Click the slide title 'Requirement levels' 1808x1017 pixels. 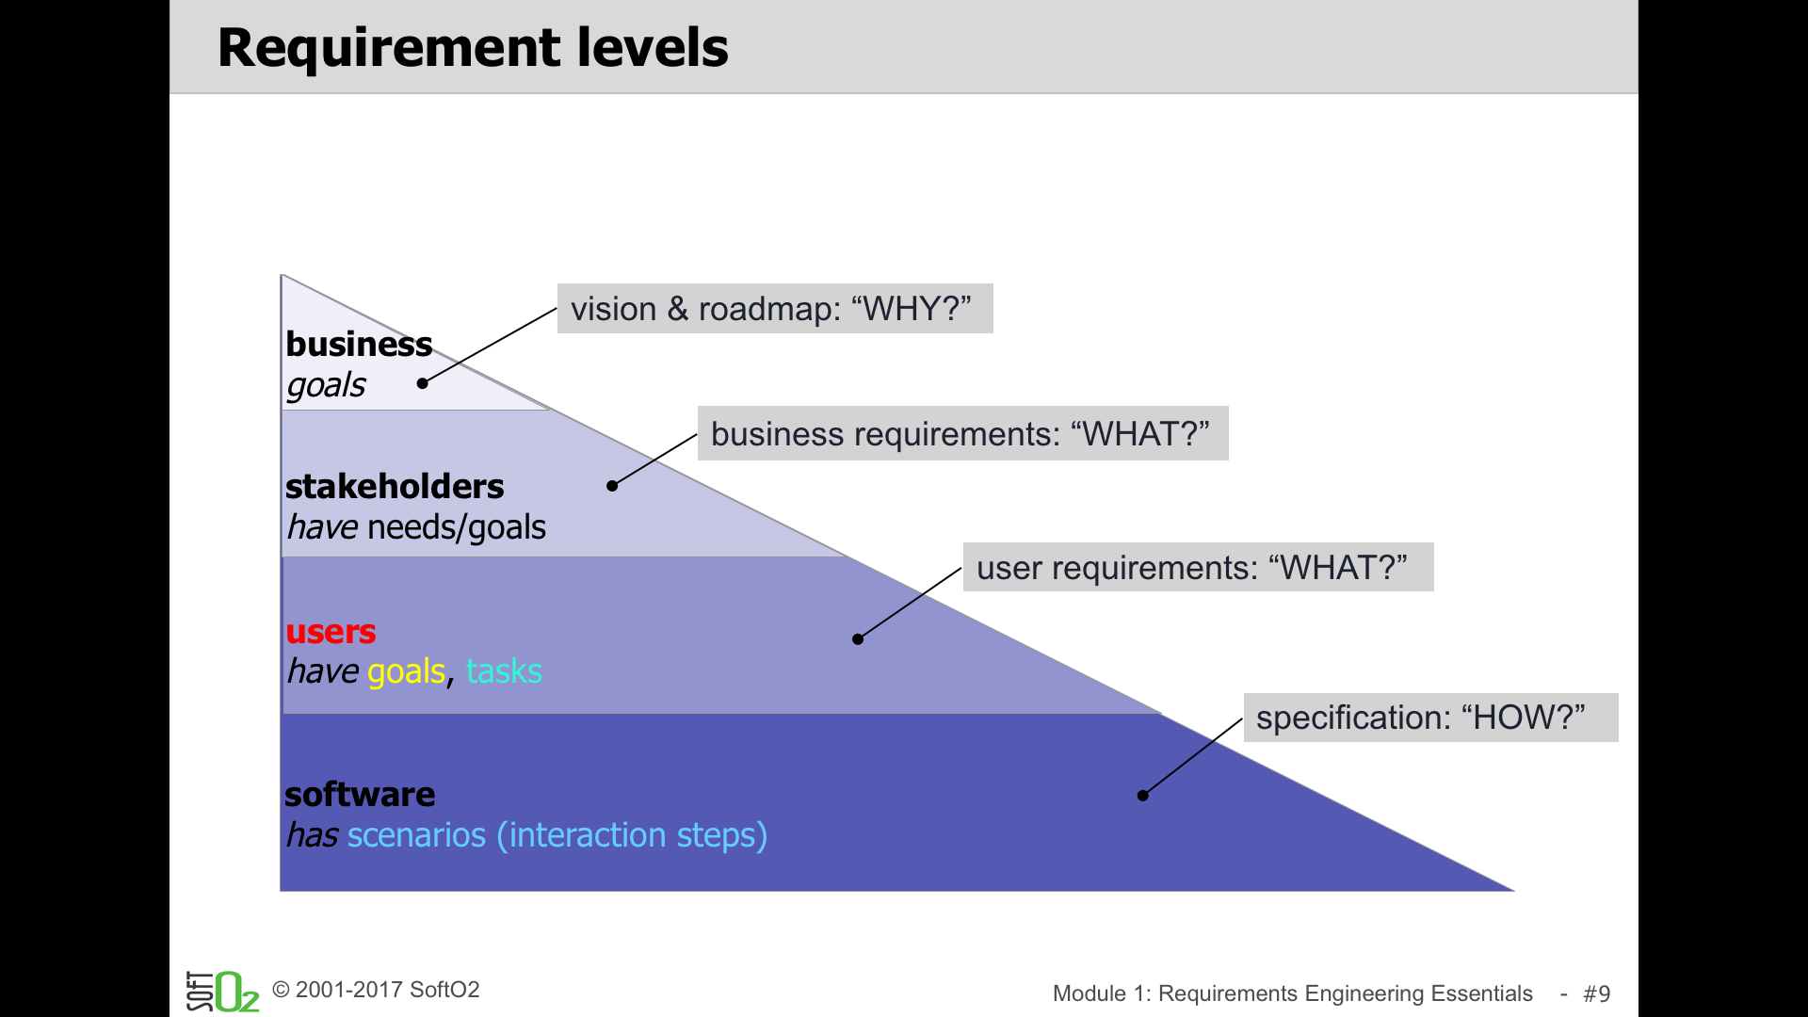[x=473, y=48]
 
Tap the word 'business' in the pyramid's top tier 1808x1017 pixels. [x=359, y=345]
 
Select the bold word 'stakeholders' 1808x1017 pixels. [x=395, y=487]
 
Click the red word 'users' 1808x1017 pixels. [x=331, y=632]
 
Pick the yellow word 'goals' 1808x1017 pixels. [x=406, y=672]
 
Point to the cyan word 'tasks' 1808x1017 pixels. [x=504, y=671]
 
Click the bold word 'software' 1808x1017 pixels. [x=360, y=795]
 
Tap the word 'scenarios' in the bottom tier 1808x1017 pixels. [x=416, y=835]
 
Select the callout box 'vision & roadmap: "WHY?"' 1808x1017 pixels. [x=775, y=309]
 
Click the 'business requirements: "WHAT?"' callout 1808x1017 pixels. [x=963, y=433]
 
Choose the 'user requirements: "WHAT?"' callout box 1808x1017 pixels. [x=1198, y=567]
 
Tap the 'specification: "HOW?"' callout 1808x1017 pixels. [x=1430, y=718]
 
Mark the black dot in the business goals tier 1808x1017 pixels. [x=423, y=383]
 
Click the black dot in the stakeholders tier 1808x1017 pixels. [x=612, y=486]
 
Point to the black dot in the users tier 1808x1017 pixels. [x=858, y=639]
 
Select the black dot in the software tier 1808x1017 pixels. [x=1142, y=796]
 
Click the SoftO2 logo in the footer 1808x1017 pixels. [x=222, y=991]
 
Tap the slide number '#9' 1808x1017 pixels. [x=1597, y=993]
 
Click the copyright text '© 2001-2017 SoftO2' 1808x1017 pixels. [x=376, y=990]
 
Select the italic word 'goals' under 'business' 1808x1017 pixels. [x=326, y=386]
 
